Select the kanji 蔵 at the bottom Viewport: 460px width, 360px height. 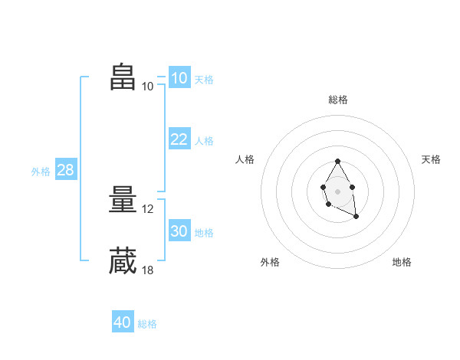pyautogui.click(x=123, y=260)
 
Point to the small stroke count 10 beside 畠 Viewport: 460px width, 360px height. pyautogui.click(x=148, y=87)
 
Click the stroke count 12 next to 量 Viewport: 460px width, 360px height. pyautogui.click(x=149, y=209)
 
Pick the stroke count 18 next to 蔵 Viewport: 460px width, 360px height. pyautogui.click(x=149, y=270)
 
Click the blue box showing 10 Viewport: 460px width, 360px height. pyautogui.click(x=179, y=77)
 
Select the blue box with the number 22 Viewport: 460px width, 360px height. pyautogui.click(x=179, y=139)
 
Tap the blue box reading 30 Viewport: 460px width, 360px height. pyautogui.click(x=179, y=231)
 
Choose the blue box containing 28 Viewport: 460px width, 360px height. pyautogui.click(x=65, y=170)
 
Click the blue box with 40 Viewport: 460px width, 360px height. pyautogui.click(x=122, y=322)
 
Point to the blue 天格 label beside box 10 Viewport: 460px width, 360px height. pyautogui.click(x=204, y=80)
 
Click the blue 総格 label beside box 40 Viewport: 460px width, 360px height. pyautogui.click(x=147, y=325)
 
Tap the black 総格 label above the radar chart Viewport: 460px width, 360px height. pyautogui.click(x=337, y=100)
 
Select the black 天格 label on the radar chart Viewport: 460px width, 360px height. pyautogui.click(x=431, y=159)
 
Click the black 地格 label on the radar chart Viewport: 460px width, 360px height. pyautogui.click(x=402, y=262)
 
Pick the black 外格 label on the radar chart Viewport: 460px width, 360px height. pyautogui.click(x=270, y=262)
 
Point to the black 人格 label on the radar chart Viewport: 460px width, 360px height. pyautogui.click(x=245, y=159)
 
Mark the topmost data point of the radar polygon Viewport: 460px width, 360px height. pyautogui.click(x=337, y=162)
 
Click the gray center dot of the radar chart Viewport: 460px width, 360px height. pyautogui.click(x=337, y=191)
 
